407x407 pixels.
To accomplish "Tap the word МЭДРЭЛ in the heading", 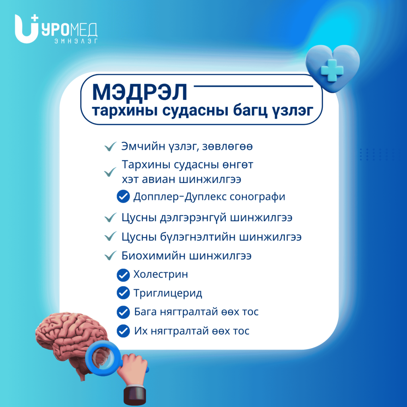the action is tap(140, 92).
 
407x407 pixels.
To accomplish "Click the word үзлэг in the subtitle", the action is tap(293, 111).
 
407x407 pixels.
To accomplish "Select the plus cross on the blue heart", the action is tap(332, 70).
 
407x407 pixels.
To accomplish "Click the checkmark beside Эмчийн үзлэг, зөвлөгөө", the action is tap(110, 147).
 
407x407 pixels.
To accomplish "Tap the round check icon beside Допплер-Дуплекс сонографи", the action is tap(123, 196).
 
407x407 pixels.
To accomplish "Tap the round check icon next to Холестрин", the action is tap(123, 275).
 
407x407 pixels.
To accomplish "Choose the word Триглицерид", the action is tap(168, 293).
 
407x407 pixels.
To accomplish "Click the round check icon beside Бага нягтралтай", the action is tap(123, 312).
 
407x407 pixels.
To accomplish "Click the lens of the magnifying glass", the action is tap(103, 358).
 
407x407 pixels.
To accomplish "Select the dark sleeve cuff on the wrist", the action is tap(135, 395).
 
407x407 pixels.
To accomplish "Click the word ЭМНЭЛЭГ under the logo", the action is tap(76, 41).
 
